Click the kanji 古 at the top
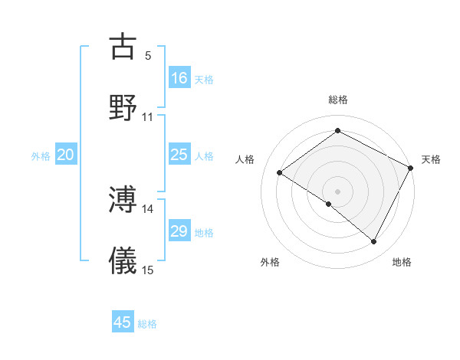pos(123,47)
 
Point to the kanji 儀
pos(123,260)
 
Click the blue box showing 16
pos(179,77)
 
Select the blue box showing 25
pos(179,155)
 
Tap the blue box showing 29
pos(179,231)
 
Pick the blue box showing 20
pos(66,155)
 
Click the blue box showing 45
pos(123,322)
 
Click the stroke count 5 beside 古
pos(148,56)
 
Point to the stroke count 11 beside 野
pos(147,117)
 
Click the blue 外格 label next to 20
pos(41,156)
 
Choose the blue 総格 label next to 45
pos(147,323)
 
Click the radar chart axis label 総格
pos(337,100)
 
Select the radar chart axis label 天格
pos(431,159)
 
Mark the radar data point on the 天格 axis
pos(410,167)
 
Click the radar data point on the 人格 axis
pos(280,172)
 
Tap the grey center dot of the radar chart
pos(337,191)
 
